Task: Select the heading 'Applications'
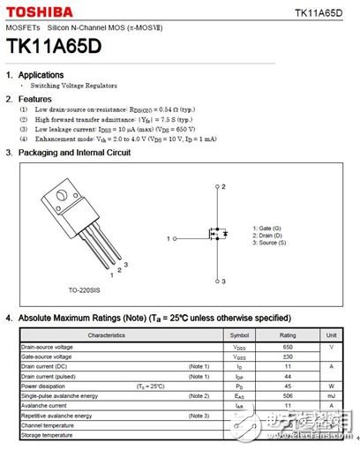41,76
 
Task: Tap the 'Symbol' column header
239,335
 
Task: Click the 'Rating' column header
287,335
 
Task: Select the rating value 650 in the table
287,347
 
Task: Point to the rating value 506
287,395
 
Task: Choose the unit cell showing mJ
331,395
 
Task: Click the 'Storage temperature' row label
49,435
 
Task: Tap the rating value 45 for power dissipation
287,386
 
